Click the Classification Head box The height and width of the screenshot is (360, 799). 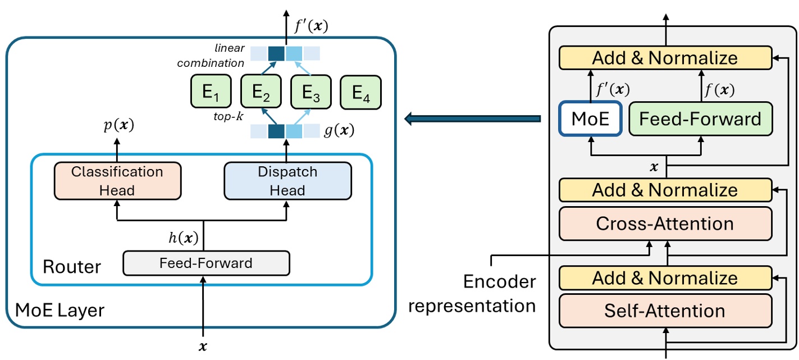pyautogui.click(x=117, y=181)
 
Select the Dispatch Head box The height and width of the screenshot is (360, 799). pyautogui.click(x=287, y=181)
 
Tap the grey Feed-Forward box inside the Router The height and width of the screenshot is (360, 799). pyautogui.click(x=206, y=263)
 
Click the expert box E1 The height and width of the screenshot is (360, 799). pyautogui.click(x=211, y=92)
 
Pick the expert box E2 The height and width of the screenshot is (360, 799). pyautogui.click(x=261, y=92)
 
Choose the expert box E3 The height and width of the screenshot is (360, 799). pyautogui.click(x=311, y=92)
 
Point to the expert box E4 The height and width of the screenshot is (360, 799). pyautogui.click(x=361, y=92)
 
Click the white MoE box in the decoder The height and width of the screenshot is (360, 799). pyautogui.click(x=590, y=119)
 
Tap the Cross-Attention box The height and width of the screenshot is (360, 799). pyautogui.click(x=665, y=224)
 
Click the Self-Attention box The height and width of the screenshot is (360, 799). pyautogui.click(x=665, y=311)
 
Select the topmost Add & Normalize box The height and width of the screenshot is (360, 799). pyautogui.click(x=665, y=57)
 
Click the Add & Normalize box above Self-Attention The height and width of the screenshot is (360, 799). pyautogui.click(x=665, y=278)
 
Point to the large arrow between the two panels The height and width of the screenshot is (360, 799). pyautogui.click(x=472, y=119)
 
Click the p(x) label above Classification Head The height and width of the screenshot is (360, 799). pyautogui.click(x=118, y=126)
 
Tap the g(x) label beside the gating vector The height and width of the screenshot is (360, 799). pyautogui.click(x=339, y=131)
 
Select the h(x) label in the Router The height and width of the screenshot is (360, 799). pyautogui.click(x=184, y=238)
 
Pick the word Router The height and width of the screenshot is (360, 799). pyautogui.click(x=72, y=266)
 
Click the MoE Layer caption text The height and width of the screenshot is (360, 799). pyautogui.click(x=60, y=309)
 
